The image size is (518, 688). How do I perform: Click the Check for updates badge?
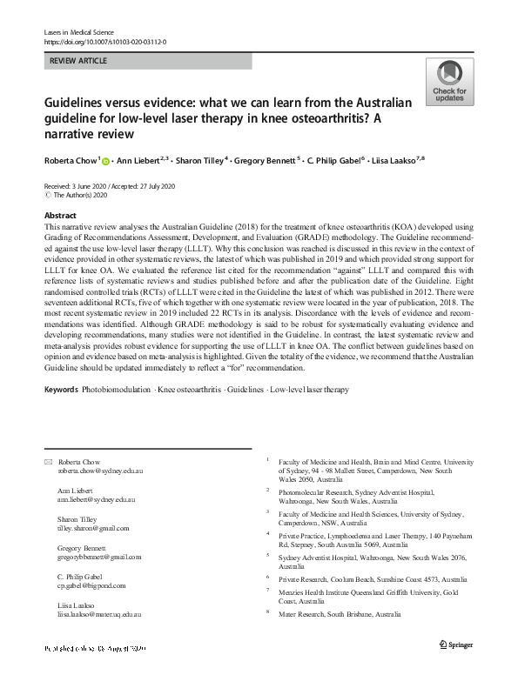(449, 83)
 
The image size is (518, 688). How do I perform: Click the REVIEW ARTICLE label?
(73, 61)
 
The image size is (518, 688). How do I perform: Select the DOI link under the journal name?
(104, 41)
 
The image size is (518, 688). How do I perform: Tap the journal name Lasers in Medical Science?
(79, 31)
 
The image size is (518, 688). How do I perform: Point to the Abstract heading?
(59, 213)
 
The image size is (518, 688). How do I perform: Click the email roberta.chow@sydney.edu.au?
(100, 471)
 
